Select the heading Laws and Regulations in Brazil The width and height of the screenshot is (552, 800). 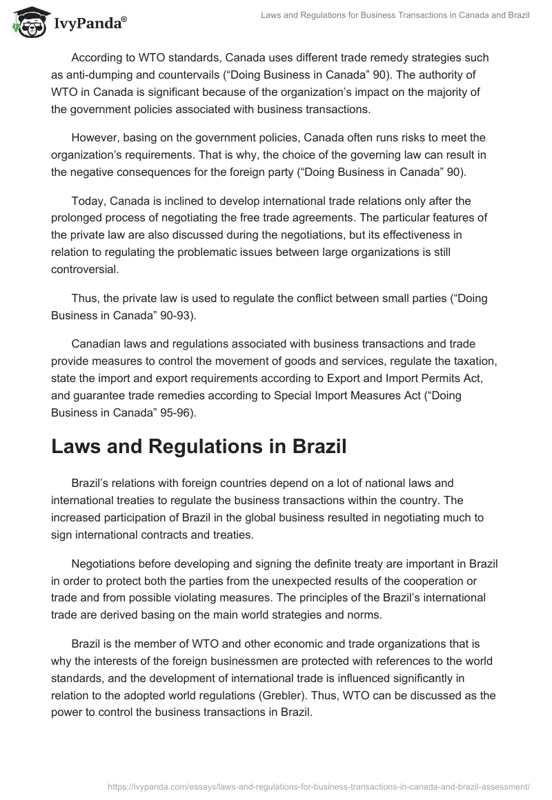(198, 447)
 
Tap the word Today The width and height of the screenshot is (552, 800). (88, 201)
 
